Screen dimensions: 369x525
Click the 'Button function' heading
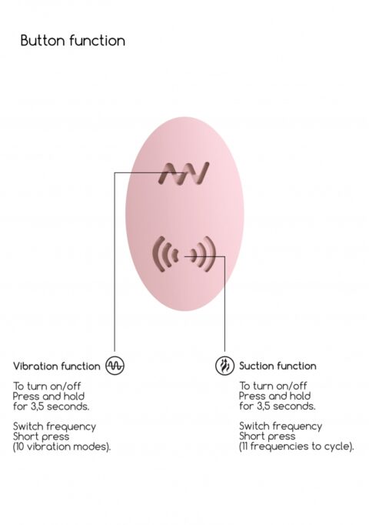pyautogui.click(x=73, y=41)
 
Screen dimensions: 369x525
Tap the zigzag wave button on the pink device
pyautogui.click(x=184, y=172)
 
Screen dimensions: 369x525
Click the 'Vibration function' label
pyautogui.click(x=56, y=366)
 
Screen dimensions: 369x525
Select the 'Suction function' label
pyautogui.click(x=278, y=366)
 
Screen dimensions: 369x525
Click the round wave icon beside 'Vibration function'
pyautogui.click(x=115, y=366)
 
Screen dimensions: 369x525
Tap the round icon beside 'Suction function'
pyautogui.click(x=224, y=366)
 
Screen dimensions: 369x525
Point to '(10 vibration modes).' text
pyautogui.click(x=61, y=446)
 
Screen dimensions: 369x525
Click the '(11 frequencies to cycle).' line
pyautogui.click(x=297, y=446)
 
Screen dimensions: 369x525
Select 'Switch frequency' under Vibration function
pyautogui.click(x=55, y=426)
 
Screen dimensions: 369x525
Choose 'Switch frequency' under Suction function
pyautogui.click(x=281, y=426)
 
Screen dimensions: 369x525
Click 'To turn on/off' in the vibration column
pyautogui.click(x=47, y=386)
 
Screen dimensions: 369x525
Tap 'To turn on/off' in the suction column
pyautogui.click(x=273, y=386)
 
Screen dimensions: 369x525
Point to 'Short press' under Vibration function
pyautogui.click(x=41, y=436)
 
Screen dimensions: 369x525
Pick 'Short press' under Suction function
pyautogui.click(x=267, y=436)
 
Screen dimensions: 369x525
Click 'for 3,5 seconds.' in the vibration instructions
pyautogui.click(x=52, y=406)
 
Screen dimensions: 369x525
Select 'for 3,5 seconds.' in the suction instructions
pyautogui.click(x=278, y=406)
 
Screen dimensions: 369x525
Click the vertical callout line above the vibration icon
pyautogui.click(x=115, y=262)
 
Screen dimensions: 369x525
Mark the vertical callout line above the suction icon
pyautogui.click(x=224, y=304)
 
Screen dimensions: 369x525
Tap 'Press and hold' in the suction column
pyautogui.click(x=274, y=396)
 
